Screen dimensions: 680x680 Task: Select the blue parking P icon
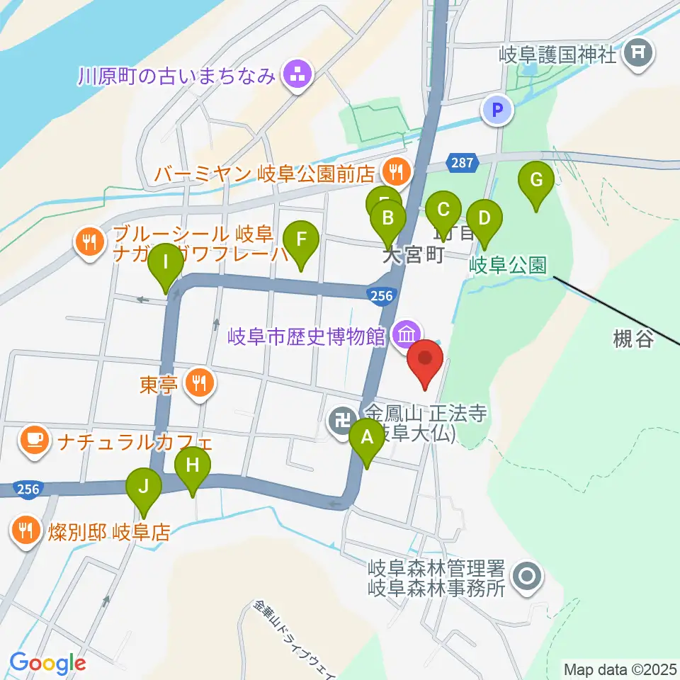497,110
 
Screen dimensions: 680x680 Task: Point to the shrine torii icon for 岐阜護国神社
640,52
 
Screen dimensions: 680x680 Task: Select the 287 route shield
461,164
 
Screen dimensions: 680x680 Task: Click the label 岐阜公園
507,266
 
